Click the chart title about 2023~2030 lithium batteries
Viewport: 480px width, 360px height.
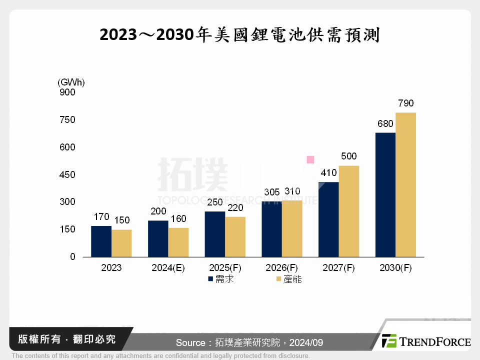239,35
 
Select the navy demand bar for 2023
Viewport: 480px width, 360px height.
101,241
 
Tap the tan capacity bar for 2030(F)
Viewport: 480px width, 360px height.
405,185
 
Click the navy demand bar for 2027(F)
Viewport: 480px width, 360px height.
328,219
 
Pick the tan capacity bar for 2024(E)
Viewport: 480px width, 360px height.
178,242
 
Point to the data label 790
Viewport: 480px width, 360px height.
405,103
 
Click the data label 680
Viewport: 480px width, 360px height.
385,123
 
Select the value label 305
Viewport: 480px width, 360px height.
271,191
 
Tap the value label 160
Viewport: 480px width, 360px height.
178,218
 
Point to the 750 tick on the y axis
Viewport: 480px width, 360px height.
66,120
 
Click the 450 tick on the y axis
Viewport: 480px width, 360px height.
66,175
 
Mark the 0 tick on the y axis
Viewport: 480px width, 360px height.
72,257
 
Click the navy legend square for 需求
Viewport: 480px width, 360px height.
210,279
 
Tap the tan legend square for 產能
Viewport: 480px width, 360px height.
278,279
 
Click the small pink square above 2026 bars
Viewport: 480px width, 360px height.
310,160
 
